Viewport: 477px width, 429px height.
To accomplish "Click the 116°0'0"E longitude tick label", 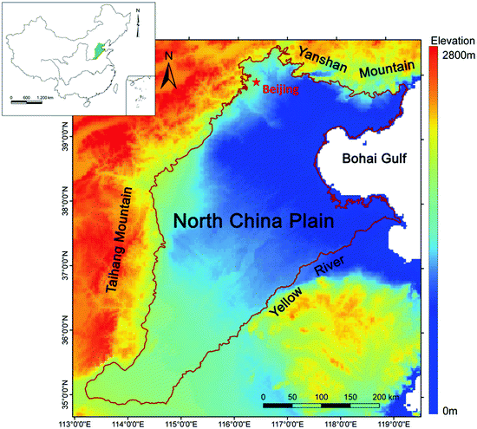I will (234, 422).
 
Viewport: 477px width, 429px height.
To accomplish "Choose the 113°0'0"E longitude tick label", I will (74, 422).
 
